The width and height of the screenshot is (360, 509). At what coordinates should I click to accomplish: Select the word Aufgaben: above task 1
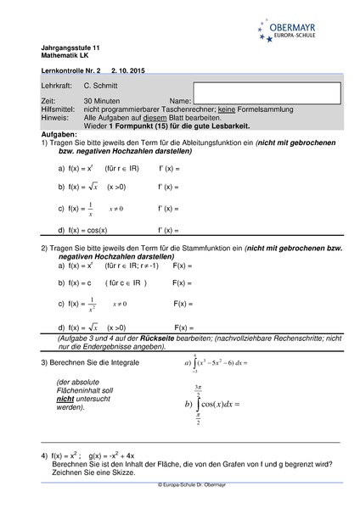pyautogui.click(x=59, y=133)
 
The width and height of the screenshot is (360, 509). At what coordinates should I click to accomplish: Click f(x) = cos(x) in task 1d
pyautogui.click(x=87, y=230)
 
